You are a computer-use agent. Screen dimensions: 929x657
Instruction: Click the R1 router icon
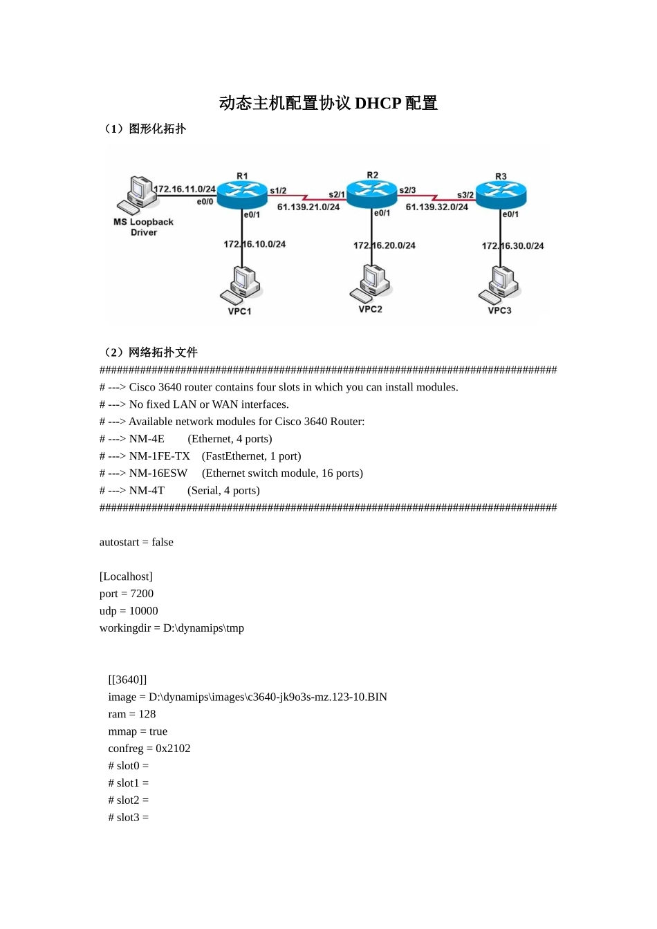coord(241,194)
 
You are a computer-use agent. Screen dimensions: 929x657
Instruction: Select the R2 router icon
coord(371,193)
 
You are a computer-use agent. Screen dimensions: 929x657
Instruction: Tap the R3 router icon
coord(501,194)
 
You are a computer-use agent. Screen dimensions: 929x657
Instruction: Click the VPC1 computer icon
coord(241,284)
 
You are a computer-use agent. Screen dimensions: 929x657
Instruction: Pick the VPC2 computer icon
coord(371,283)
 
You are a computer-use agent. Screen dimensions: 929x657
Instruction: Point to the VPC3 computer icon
coord(500,284)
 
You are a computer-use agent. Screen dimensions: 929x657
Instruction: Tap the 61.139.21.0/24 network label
coord(308,207)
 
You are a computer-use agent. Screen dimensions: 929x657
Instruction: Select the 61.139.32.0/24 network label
coord(437,207)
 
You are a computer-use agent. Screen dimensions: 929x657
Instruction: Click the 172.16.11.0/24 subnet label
coord(185,189)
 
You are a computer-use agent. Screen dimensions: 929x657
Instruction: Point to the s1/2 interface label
coord(278,191)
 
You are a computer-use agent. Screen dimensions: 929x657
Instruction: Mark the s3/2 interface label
coord(465,195)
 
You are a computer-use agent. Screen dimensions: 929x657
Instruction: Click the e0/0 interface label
coord(205,202)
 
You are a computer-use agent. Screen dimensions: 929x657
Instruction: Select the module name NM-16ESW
coord(158,473)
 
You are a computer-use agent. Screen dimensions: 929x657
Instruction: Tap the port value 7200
coord(142,594)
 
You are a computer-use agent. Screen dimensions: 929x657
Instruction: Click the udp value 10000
coord(144,611)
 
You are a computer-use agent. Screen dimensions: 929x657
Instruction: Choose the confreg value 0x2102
coord(173,749)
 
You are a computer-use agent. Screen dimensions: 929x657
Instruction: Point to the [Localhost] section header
coord(126,576)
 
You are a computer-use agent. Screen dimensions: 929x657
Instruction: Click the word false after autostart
coord(163,543)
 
